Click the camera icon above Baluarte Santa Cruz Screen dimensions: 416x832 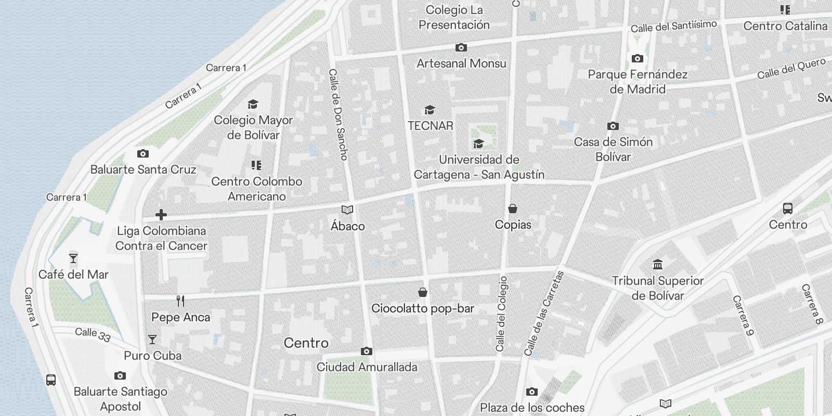click(x=142, y=154)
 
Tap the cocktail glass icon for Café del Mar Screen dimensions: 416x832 click(x=73, y=258)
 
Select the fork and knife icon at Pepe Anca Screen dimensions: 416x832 click(x=180, y=301)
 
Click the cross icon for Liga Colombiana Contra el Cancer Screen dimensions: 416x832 click(x=161, y=214)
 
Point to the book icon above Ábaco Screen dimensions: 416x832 click(x=347, y=210)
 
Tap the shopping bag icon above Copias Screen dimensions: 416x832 click(x=513, y=209)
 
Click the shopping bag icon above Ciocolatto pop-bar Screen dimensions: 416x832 click(x=423, y=292)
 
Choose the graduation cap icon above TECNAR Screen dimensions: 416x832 click(x=430, y=110)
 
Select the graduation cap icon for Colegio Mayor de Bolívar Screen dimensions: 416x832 click(x=253, y=104)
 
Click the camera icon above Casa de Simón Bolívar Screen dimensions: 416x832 click(x=613, y=126)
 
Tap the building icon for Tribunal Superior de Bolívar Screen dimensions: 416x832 click(x=658, y=265)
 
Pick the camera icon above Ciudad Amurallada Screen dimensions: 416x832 click(x=367, y=352)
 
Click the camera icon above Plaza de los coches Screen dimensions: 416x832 click(x=531, y=392)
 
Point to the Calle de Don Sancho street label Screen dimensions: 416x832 click(x=338, y=114)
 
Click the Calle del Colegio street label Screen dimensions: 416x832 click(x=501, y=314)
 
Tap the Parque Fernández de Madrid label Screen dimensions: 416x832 click(x=638, y=82)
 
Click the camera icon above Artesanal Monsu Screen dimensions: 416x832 click(x=461, y=48)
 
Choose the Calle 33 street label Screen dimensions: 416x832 click(x=93, y=334)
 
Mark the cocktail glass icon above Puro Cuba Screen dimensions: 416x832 click(x=152, y=340)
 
